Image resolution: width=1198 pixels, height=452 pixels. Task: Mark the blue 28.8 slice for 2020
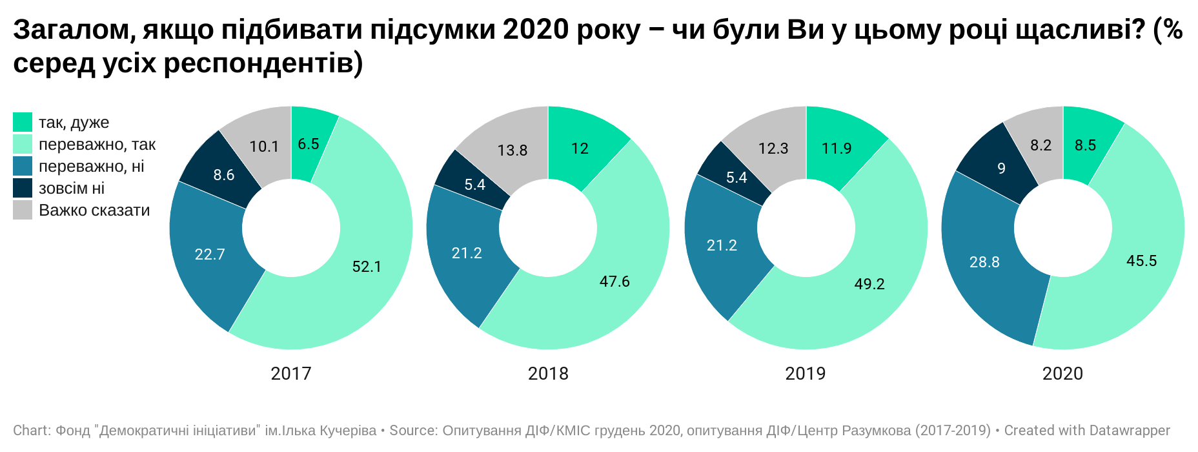[984, 262]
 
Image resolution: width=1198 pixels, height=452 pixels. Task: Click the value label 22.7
[210, 254]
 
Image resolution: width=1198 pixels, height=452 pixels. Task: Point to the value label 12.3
[773, 149]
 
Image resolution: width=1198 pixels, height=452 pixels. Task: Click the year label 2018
[548, 373]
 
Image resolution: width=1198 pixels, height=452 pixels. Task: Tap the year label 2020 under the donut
[1062, 373]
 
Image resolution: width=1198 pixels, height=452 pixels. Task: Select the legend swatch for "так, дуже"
[23, 122]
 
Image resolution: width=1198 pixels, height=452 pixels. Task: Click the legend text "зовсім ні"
[72, 188]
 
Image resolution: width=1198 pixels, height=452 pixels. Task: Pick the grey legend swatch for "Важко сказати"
[23, 210]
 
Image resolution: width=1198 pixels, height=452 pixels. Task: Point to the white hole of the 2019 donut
[806, 228]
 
